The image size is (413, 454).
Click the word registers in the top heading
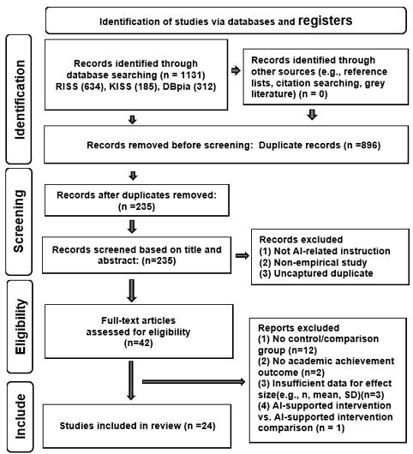coord(326,21)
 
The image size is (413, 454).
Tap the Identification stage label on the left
coord(20,99)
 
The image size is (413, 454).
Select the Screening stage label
coord(19,221)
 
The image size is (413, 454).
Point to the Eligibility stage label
coord(21,326)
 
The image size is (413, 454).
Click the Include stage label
coord(21,416)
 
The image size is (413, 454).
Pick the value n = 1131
coord(183,75)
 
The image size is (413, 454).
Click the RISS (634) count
coord(80,87)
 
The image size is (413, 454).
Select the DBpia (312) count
coord(189,87)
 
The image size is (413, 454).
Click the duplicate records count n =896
coord(362,145)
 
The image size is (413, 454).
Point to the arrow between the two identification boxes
coord(236,70)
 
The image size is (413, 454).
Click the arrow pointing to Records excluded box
coord(242,255)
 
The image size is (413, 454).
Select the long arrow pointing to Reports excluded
coord(194,382)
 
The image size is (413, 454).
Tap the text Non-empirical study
coord(320,262)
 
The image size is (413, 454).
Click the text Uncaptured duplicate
coord(324,273)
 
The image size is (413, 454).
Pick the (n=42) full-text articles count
coord(139,343)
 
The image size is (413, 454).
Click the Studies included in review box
coord(137,426)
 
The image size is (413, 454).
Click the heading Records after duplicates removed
coord(136,195)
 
